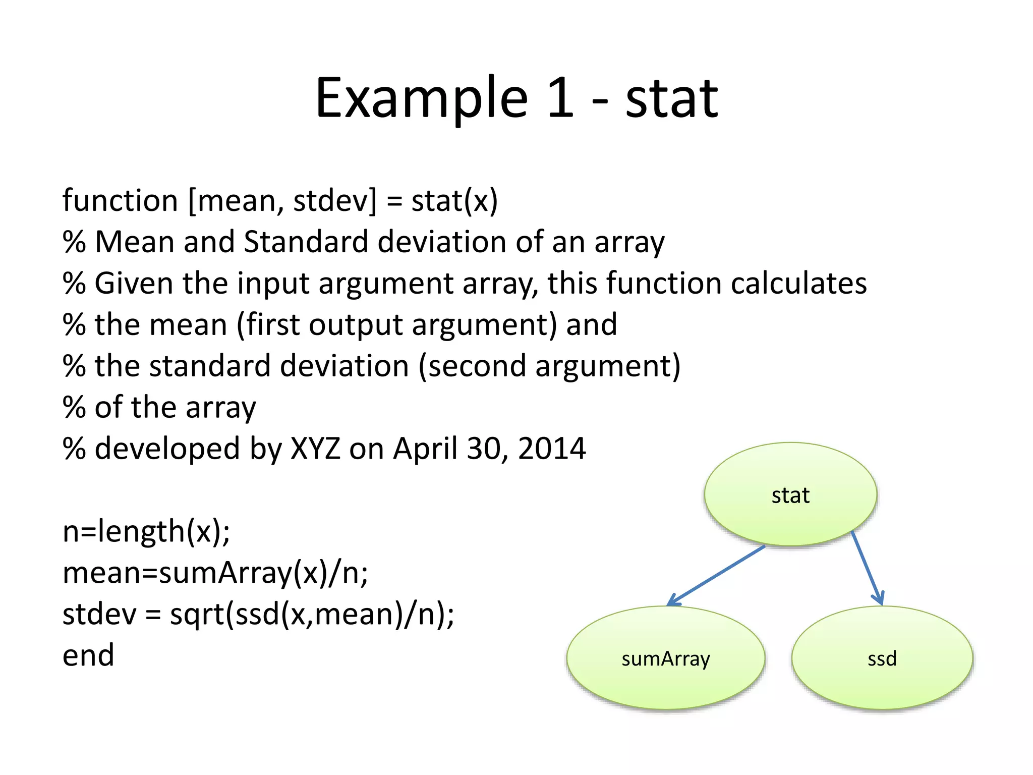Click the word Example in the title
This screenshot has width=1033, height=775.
pos(422,98)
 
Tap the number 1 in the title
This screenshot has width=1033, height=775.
pos(560,98)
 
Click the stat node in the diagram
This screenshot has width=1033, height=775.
pos(790,494)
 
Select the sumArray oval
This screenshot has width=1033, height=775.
pos(665,658)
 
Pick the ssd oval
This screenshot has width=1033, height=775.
pos(882,658)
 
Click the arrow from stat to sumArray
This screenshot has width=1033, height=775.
pos(716,575)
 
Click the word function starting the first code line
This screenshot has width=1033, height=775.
pos(120,200)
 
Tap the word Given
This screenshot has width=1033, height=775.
pos(134,283)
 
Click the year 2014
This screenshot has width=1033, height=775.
pos(552,449)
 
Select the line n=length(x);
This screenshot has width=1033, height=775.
pos(146,531)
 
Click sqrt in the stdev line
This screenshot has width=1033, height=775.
pos(197,615)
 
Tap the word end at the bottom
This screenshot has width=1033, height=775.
pos(88,655)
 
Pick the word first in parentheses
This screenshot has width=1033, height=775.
pos(273,324)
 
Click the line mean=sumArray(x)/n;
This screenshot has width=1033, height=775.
pos(215,573)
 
